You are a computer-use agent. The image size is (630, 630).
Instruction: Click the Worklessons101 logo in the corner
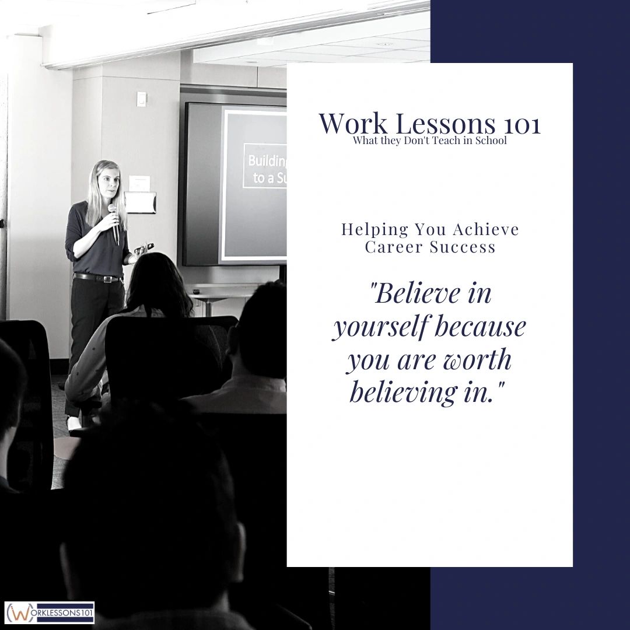pyautogui.click(x=50, y=612)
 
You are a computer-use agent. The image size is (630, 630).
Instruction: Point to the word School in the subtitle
pyautogui.click(x=491, y=141)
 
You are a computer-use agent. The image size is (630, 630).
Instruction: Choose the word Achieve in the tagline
pyautogui.click(x=489, y=229)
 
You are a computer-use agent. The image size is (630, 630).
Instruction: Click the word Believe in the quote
pyautogui.click(x=415, y=293)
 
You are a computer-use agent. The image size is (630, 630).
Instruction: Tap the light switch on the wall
pyautogui.click(x=141, y=99)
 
